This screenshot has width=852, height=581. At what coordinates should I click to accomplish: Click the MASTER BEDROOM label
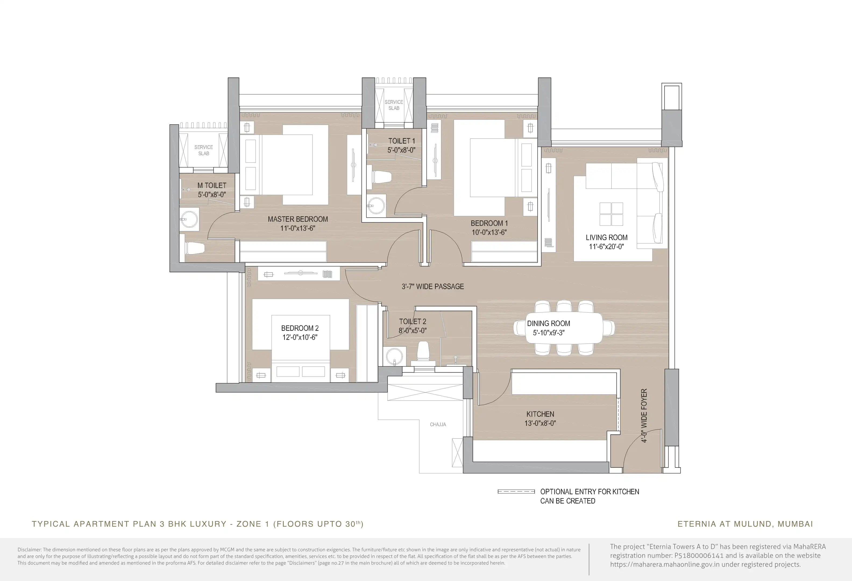298,219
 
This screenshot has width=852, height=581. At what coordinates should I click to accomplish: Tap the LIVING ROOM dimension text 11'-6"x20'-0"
606,247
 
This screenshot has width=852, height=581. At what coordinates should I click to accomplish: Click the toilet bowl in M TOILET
194,248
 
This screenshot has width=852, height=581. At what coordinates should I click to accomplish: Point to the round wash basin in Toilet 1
376,206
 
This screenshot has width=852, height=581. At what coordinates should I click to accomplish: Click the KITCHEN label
540,414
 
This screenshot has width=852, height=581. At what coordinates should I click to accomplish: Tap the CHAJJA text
438,424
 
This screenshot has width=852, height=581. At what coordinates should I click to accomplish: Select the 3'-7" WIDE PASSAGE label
433,287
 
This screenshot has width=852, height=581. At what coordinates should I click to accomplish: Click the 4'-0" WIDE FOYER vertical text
644,416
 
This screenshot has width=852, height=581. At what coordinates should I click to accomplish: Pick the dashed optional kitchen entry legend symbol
516,491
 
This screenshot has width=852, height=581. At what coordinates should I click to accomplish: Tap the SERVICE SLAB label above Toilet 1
394,105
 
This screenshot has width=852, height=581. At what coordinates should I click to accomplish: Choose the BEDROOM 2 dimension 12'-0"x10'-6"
300,337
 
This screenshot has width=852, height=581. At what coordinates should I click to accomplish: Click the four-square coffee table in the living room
611,214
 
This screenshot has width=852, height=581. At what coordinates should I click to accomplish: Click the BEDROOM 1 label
489,223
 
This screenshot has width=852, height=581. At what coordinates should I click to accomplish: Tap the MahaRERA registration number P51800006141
699,555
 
